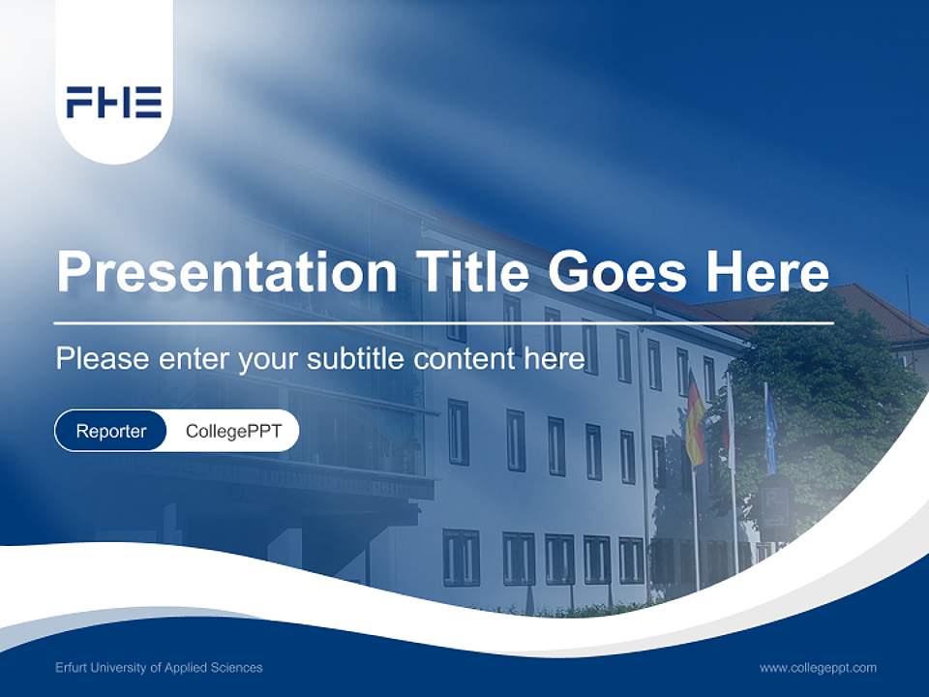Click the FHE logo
[114, 102]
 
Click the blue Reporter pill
[111, 431]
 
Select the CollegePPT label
[233, 431]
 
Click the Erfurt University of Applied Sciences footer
[159, 667]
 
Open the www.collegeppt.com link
[818, 667]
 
